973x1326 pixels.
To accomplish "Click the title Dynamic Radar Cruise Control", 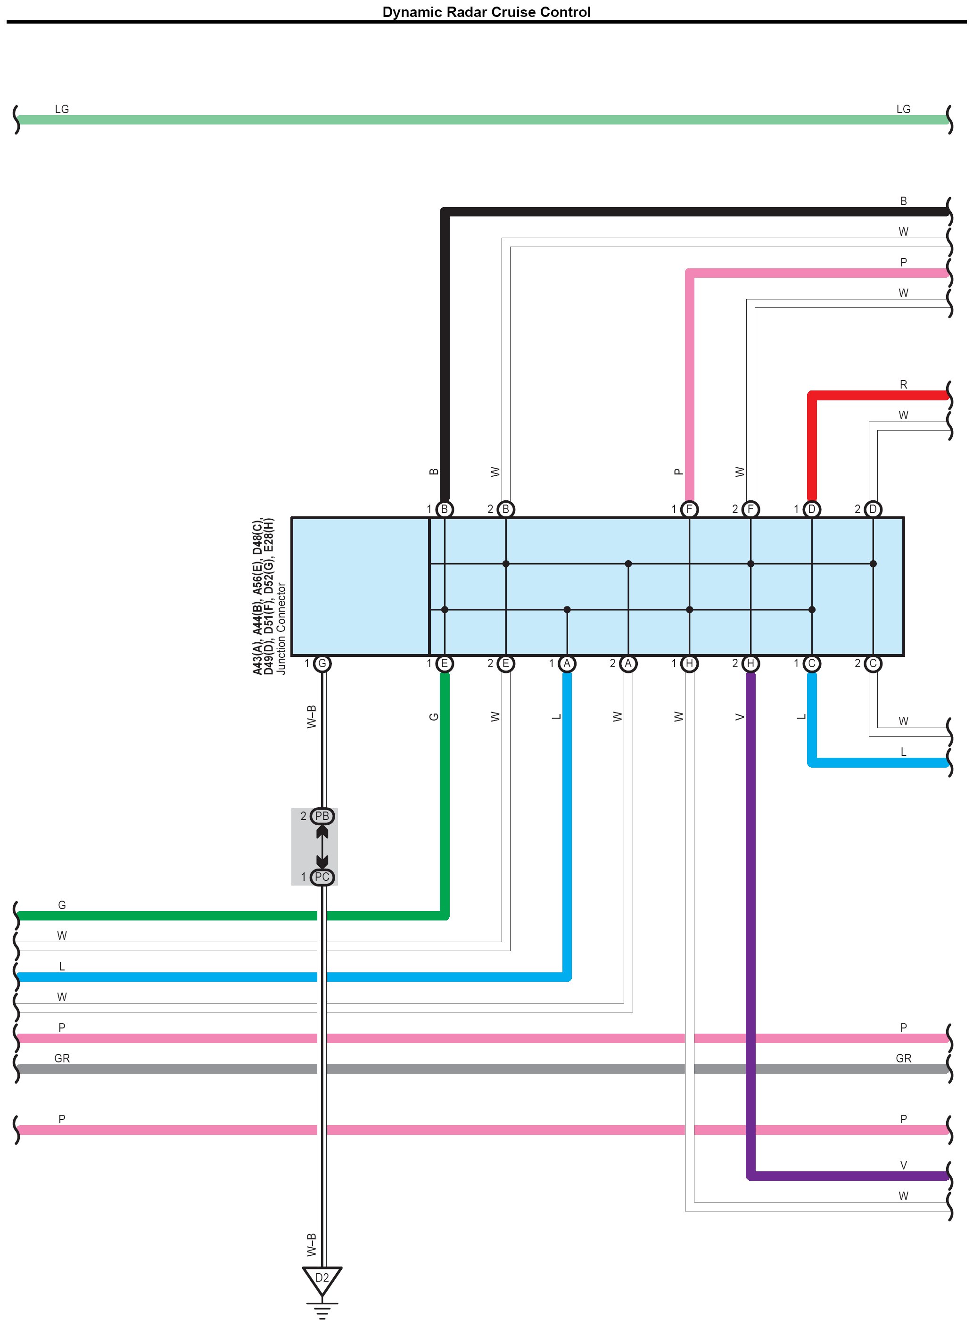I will click(486, 12).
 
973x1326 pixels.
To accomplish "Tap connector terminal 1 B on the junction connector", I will click(445, 509).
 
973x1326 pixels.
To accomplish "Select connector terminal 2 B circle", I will click(506, 509).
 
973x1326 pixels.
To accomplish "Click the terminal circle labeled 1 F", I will click(689, 509).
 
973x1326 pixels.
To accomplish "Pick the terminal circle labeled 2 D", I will click(873, 509).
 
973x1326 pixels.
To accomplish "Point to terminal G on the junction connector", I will click(322, 664).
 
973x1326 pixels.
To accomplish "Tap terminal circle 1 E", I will click(445, 664).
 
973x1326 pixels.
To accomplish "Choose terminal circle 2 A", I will click(628, 664).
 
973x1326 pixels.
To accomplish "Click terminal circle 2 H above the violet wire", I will click(750, 664).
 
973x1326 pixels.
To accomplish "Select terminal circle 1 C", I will click(812, 664).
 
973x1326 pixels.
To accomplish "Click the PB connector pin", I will click(322, 816).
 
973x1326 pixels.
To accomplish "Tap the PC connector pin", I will click(322, 877).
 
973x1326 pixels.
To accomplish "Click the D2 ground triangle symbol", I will click(322, 1279).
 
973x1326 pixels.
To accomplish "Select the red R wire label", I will click(903, 385).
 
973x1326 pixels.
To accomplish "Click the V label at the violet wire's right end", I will click(903, 1166).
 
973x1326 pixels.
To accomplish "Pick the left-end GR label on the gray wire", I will click(62, 1059).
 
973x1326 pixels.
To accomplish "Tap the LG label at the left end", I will click(62, 109).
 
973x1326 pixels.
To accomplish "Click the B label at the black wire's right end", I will click(903, 201).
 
